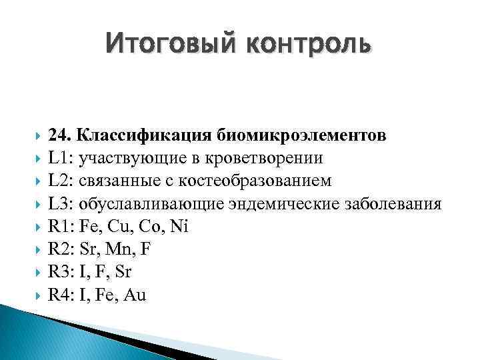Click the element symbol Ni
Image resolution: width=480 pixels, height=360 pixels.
[x=179, y=227]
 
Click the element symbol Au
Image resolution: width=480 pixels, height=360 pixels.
[x=135, y=295]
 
